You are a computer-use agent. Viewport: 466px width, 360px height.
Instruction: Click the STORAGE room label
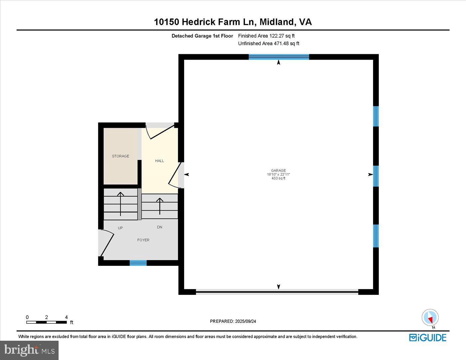[120, 156]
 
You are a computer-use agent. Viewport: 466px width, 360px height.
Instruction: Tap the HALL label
[159, 161]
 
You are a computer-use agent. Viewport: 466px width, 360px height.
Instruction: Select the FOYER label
[143, 240]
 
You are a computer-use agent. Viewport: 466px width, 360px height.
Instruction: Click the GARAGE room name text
[278, 170]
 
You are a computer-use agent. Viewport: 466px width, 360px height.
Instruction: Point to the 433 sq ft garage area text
[278, 178]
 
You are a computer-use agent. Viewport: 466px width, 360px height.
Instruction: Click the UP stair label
[120, 228]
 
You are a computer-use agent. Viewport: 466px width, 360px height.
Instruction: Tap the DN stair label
[159, 227]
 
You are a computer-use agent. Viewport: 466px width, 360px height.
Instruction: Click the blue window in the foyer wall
[138, 263]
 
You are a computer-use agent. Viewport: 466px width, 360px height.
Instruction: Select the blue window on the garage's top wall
[279, 57]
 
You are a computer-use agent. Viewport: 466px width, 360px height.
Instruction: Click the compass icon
[430, 317]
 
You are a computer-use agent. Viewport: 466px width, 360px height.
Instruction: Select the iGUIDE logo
[428, 337]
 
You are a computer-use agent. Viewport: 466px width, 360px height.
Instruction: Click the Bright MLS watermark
[29, 350]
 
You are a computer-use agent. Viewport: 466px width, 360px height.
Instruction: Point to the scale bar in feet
[47, 322]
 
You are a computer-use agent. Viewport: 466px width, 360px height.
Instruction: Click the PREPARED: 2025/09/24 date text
[233, 321]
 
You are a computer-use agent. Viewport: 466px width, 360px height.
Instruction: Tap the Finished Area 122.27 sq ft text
[266, 36]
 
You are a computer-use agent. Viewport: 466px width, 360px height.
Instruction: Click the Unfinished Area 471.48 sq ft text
[269, 43]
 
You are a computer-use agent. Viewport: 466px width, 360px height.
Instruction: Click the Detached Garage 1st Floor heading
[202, 36]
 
